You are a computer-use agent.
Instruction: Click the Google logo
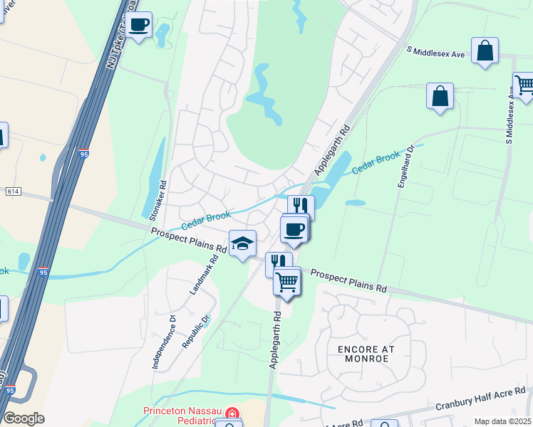point(23,418)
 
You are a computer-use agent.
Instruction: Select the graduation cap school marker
point(242,243)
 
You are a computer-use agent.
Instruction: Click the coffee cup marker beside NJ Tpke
point(139,25)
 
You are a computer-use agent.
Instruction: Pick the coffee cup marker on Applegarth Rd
point(294,229)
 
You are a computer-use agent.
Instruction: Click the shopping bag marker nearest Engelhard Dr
point(440,96)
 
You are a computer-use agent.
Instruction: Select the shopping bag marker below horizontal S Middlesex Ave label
point(485,51)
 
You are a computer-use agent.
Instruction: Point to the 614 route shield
point(13,191)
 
